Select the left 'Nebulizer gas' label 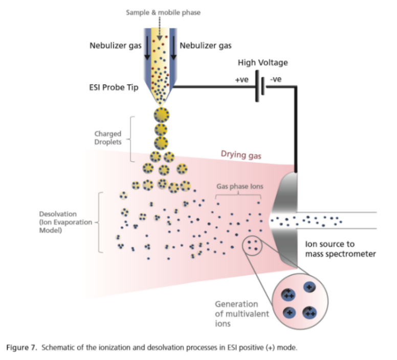tap(115, 46)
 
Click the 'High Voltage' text tap(262, 63)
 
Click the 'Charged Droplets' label tap(107, 138)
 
